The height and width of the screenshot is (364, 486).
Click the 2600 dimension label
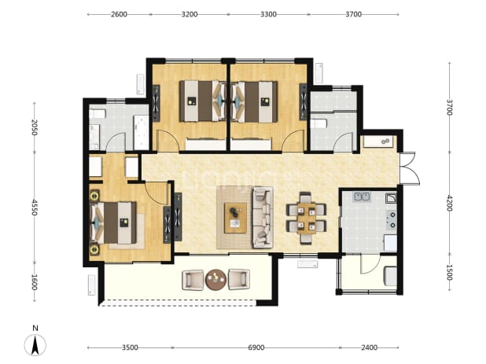[119, 14]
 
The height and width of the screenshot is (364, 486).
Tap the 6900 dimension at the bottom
[256, 347]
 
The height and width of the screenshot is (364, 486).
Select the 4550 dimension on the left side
[35, 208]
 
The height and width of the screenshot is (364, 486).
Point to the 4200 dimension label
[449, 203]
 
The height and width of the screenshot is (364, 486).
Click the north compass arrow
[35, 345]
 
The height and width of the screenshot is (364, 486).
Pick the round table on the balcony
[216, 280]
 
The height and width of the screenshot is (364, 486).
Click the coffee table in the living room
[236, 218]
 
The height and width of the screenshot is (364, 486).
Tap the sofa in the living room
[263, 217]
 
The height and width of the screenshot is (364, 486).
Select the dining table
[306, 218]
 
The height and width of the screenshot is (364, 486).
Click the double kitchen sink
[362, 197]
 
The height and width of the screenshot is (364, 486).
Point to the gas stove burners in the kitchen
[391, 219]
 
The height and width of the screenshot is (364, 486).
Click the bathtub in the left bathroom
[141, 132]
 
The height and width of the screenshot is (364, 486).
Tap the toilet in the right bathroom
[318, 123]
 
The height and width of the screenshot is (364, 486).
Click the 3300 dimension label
[268, 14]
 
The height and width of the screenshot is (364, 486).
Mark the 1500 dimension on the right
[449, 272]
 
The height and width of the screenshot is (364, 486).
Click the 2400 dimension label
[369, 347]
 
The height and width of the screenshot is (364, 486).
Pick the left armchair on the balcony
[193, 280]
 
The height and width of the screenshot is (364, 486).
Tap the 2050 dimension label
[35, 127]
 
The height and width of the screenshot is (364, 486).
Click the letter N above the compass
[35, 328]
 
